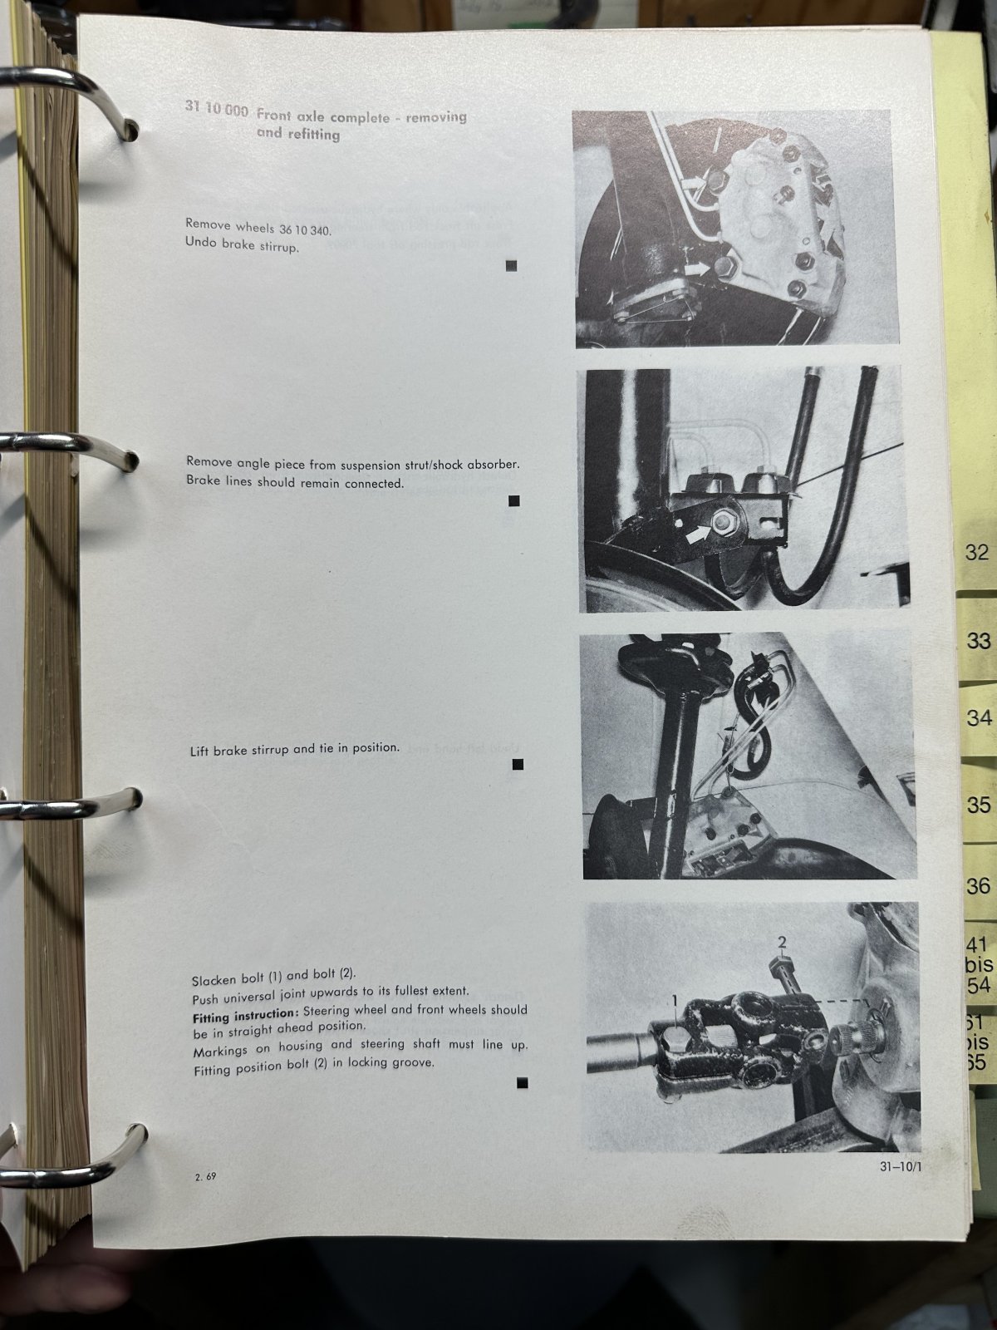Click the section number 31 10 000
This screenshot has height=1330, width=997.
click(216, 110)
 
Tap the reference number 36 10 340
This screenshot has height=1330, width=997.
click(305, 229)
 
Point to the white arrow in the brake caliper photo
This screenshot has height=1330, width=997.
click(697, 269)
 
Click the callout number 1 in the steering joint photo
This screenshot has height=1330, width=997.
click(675, 1002)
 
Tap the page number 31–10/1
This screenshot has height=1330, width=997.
click(901, 1165)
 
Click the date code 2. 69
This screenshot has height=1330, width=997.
click(206, 1176)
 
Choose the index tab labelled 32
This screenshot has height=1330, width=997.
click(976, 553)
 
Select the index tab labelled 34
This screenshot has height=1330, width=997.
click(979, 718)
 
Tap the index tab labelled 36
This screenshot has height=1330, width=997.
click(979, 886)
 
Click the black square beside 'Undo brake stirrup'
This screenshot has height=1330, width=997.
click(512, 265)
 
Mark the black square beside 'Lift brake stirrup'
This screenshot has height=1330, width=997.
click(518, 764)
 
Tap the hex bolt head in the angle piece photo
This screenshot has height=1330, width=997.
click(722, 522)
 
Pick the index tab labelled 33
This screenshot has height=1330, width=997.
click(978, 641)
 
